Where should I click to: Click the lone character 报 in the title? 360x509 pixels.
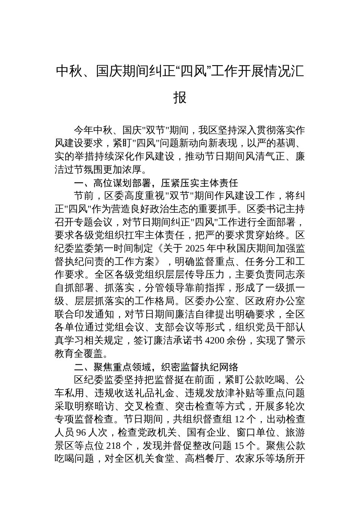coord(180,97)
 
